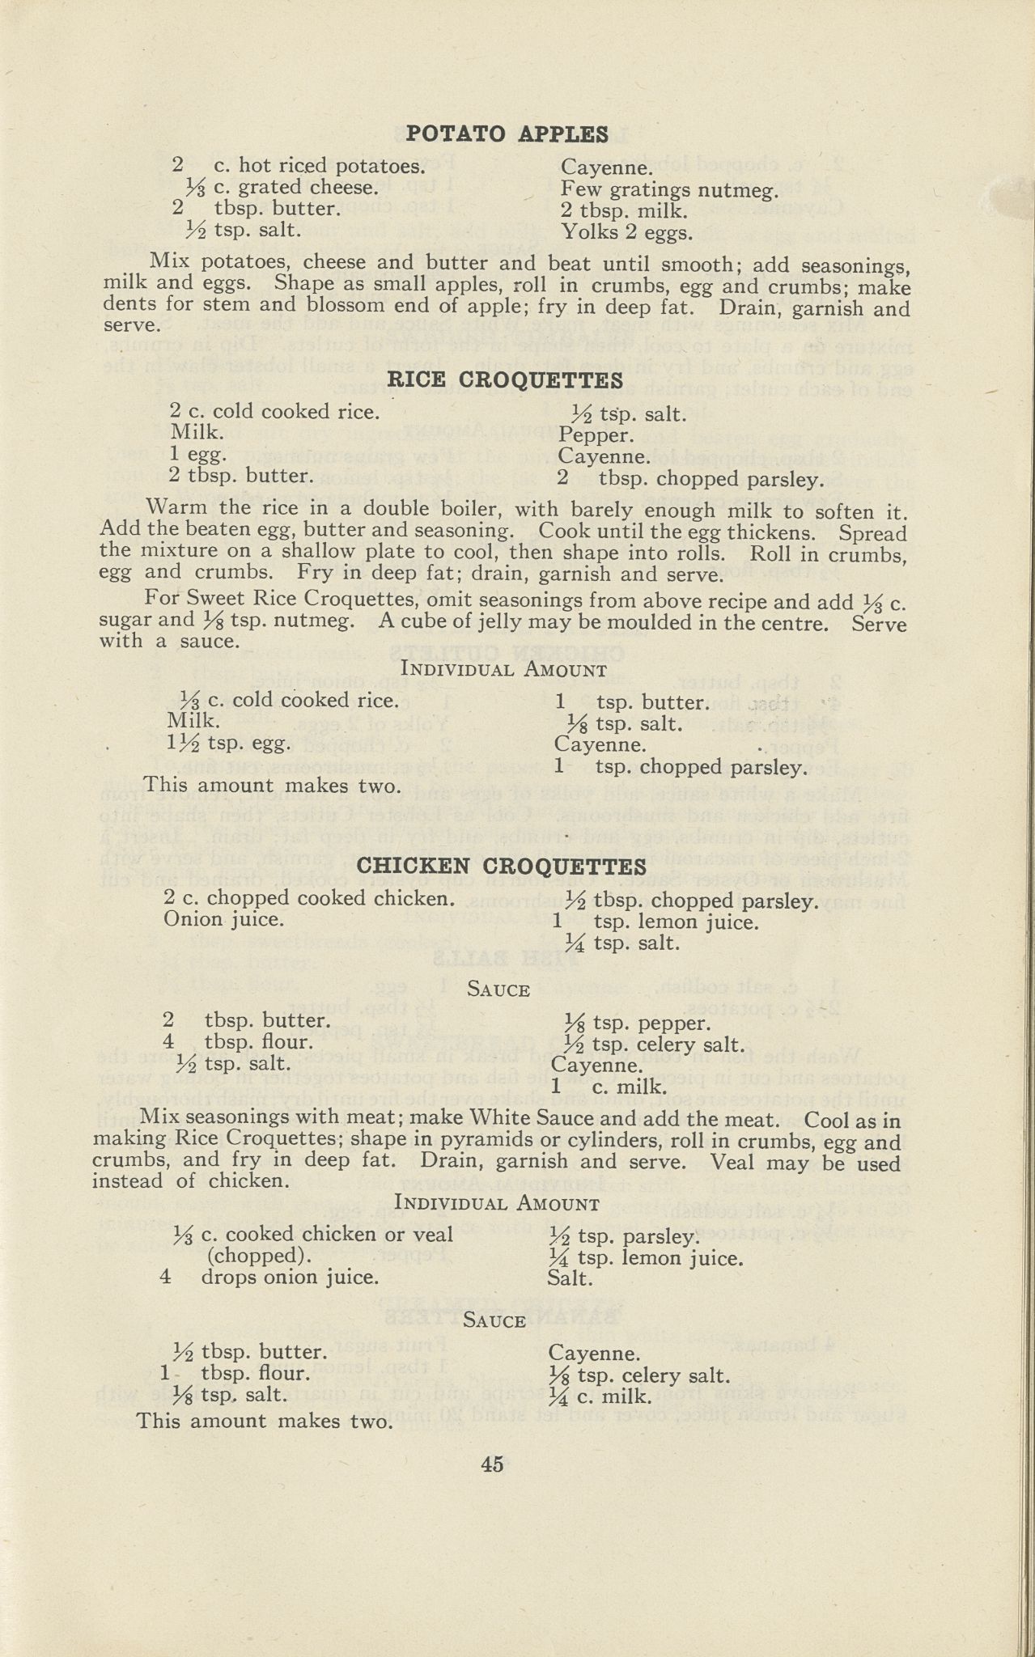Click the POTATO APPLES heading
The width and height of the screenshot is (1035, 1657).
click(507, 133)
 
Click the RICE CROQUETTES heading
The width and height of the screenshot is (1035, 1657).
click(505, 379)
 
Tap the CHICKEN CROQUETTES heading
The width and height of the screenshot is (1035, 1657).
click(501, 867)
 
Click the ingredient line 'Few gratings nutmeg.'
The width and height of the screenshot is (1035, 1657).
click(669, 190)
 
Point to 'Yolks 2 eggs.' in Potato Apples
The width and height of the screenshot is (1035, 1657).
click(626, 233)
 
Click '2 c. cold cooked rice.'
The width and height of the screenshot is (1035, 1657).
click(274, 412)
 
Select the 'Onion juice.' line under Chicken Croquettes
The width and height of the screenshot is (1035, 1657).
click(223, 919)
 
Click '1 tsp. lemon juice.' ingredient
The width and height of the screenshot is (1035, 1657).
click(656, 922)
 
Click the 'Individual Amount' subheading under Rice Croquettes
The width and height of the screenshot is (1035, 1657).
click(503, 670)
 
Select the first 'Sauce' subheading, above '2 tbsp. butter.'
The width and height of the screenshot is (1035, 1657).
click(498, 990)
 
